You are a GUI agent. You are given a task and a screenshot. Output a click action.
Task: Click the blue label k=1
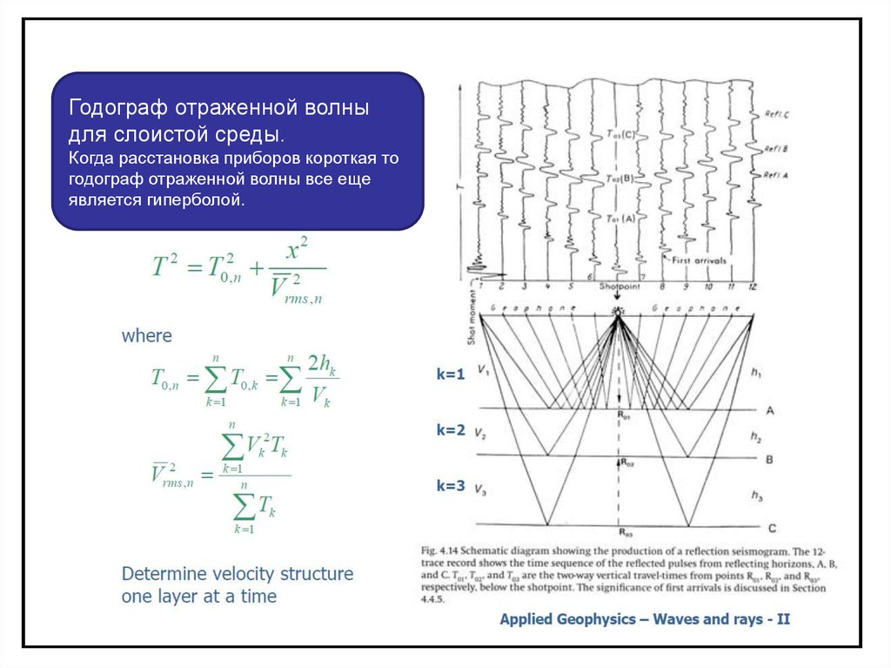coord(452,374)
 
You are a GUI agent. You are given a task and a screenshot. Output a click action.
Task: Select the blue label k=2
coord(452,430)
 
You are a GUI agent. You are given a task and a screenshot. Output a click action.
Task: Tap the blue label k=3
coord(452,486)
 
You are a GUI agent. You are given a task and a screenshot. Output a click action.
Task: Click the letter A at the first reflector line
coord(771,409)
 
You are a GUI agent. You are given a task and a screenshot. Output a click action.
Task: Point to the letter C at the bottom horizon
coord(772,528)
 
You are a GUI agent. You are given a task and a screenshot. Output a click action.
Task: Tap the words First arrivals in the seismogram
coord(699,260)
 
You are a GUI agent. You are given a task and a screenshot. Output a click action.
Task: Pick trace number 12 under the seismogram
coord(751,286)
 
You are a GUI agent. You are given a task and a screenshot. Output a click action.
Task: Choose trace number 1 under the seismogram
coord(479,286)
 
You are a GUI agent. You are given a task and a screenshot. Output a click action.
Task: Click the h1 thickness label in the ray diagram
coord(754,372)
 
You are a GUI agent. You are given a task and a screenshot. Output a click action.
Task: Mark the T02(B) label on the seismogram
coord(620,179)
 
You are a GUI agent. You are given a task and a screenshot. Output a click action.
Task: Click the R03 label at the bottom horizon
coord(625,530)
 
